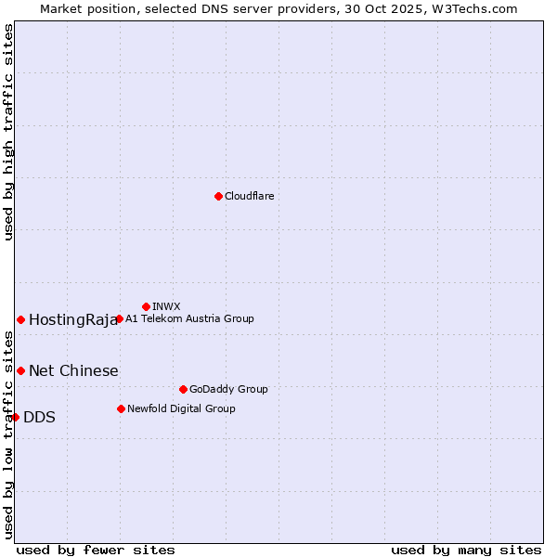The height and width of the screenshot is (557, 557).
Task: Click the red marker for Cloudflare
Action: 218,196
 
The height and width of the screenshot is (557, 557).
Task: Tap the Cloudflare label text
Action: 250,196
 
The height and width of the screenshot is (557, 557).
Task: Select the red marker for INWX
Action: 146,306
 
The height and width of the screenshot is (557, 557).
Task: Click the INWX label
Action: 166,306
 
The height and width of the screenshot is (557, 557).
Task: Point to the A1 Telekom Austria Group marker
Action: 119,319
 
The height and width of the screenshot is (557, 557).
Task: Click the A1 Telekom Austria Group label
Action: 189,319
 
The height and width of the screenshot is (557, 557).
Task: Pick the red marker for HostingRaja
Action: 20,319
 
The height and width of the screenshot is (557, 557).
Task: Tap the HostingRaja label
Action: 73,320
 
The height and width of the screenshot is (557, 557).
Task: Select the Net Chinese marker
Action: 20,370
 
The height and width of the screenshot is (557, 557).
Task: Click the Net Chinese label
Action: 73,371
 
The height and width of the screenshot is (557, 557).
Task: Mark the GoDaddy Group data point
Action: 183,389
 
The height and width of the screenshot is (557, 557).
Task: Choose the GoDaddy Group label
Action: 228,390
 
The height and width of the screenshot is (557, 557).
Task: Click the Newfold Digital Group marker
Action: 121,408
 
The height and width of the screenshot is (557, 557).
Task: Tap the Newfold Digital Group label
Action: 181,408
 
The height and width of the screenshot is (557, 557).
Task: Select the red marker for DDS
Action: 15,417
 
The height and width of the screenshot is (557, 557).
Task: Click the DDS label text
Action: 39,418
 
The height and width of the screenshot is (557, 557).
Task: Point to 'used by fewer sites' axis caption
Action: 96,550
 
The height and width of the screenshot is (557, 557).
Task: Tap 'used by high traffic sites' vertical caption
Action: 8,132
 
